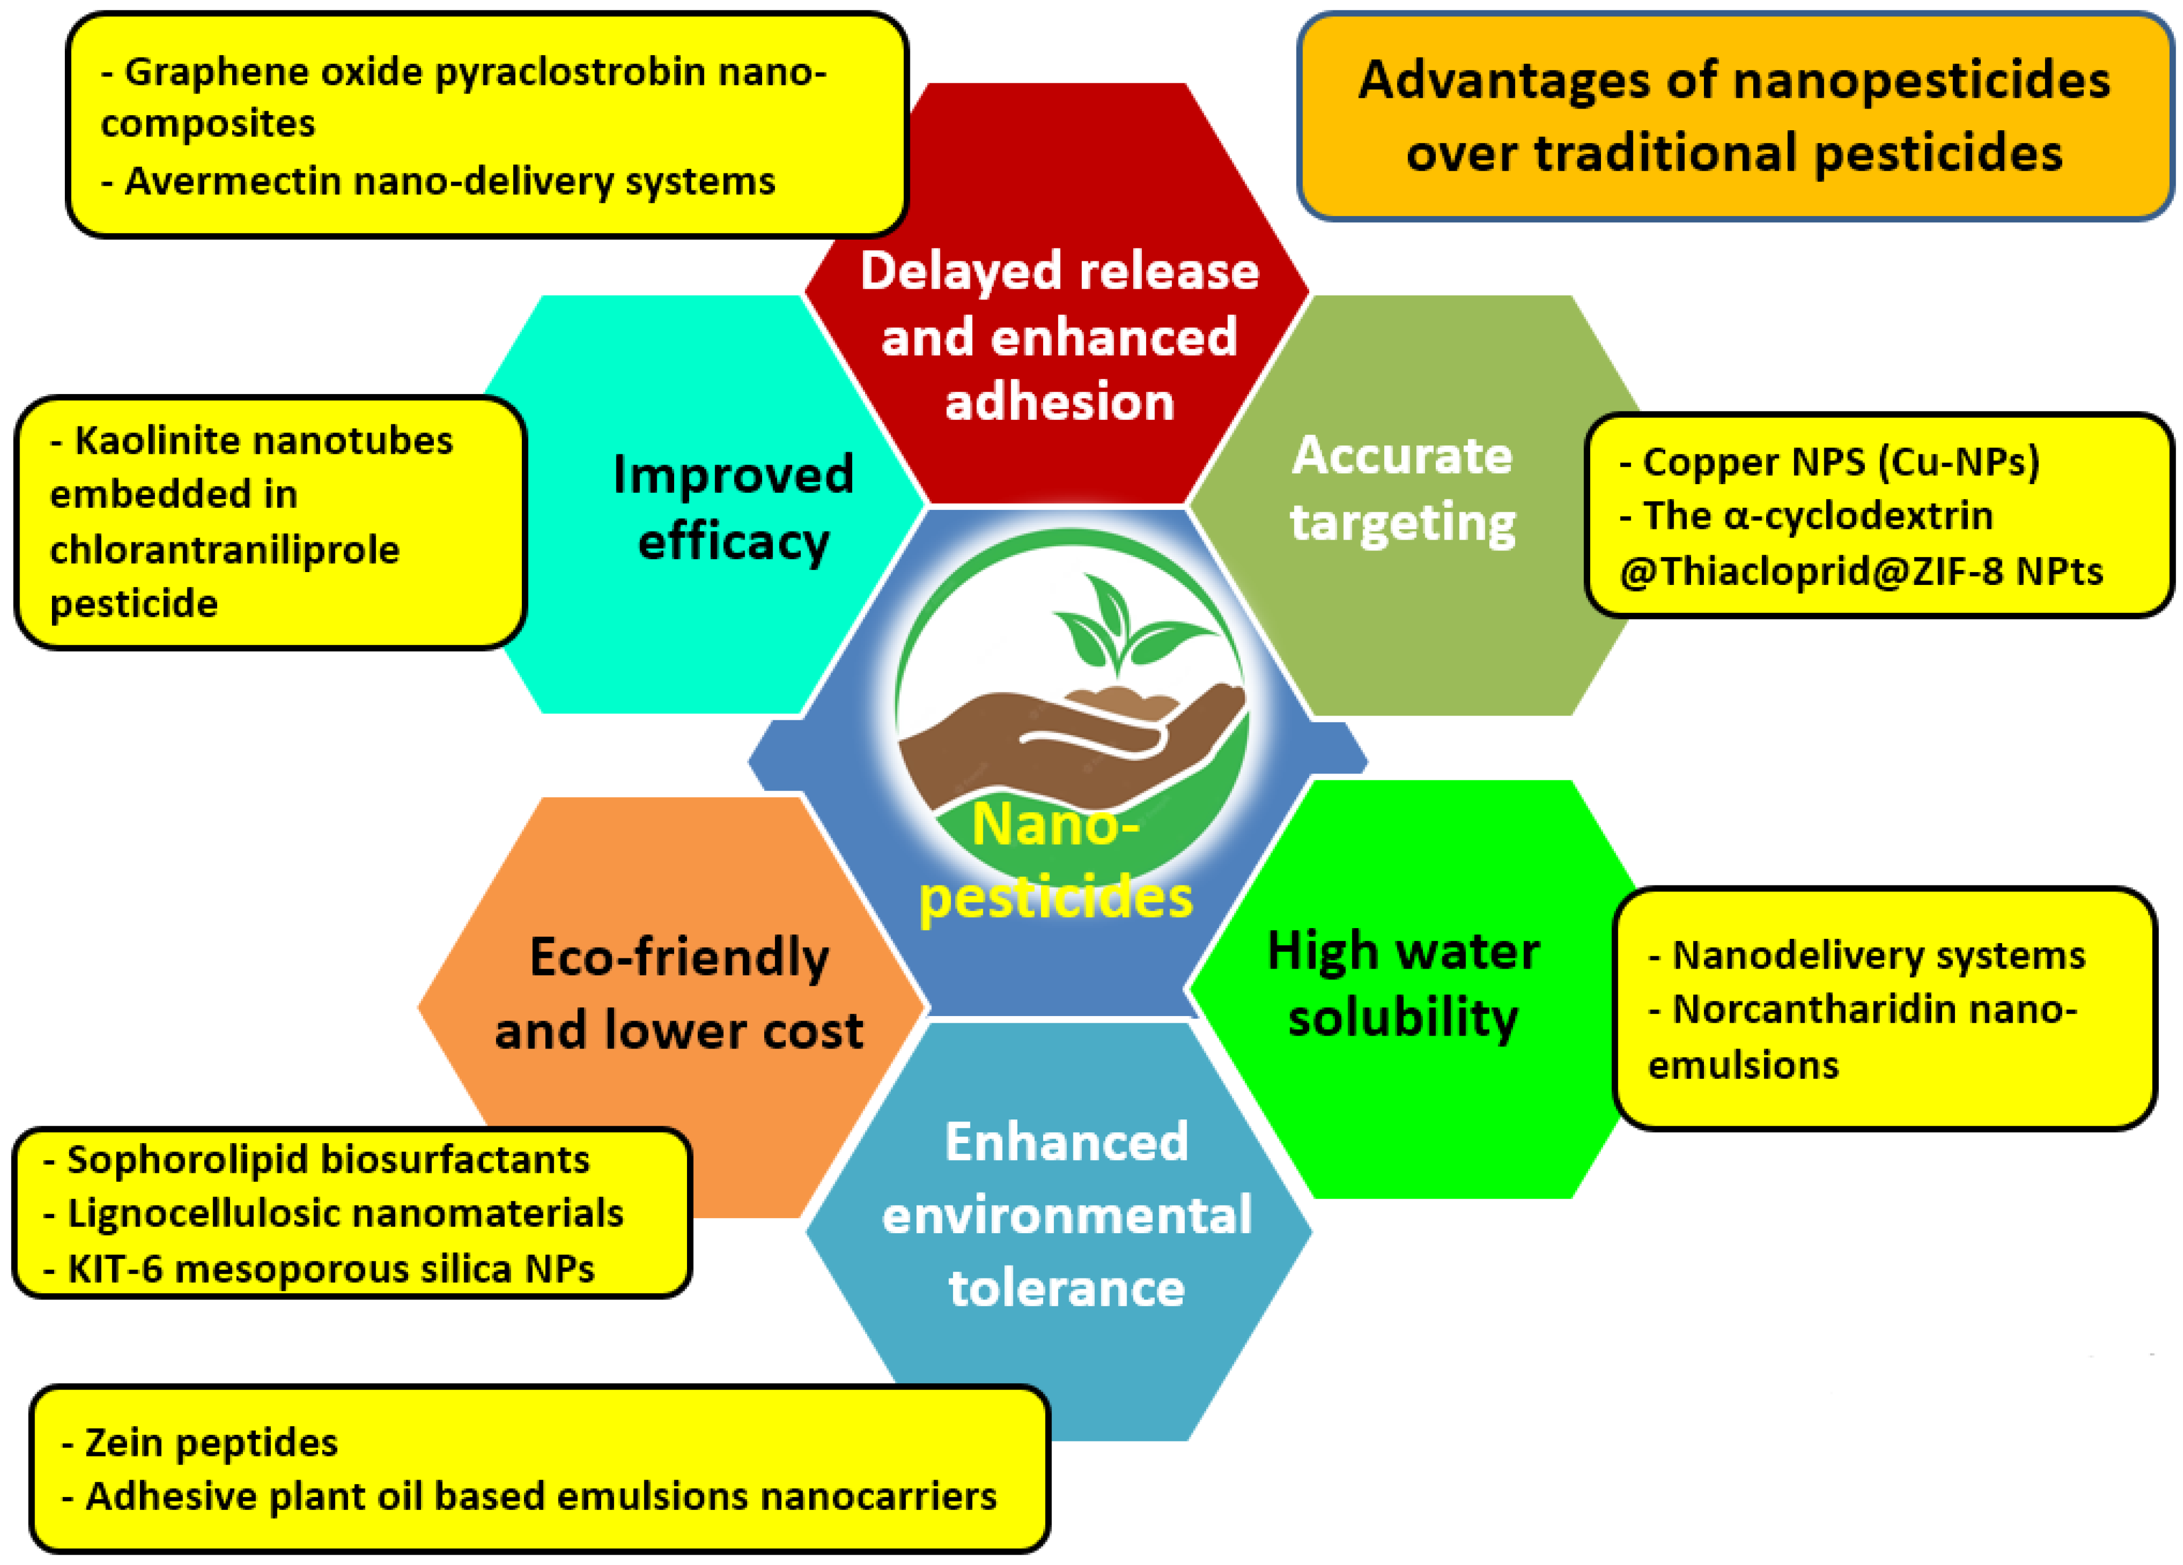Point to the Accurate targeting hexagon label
[x=1402, y=488]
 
